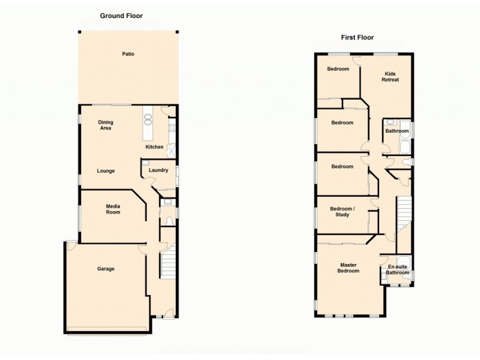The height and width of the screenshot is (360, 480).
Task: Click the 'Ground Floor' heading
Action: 121,16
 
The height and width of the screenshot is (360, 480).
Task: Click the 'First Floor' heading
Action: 357,37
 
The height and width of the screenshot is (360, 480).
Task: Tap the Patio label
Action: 128,54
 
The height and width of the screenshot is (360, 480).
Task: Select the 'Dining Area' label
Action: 106,125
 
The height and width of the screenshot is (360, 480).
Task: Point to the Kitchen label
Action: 154,147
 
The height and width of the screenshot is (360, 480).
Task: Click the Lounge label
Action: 106,171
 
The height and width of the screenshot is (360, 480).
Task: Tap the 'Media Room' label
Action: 113,209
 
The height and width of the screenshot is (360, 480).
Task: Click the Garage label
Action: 106,269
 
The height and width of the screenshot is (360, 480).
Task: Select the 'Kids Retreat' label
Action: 391,77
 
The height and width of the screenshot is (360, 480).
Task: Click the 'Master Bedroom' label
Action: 349,268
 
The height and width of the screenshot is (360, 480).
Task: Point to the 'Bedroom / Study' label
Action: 342,211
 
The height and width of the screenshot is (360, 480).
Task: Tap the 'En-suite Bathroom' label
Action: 397,269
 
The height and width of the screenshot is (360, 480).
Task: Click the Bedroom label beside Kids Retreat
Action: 338,69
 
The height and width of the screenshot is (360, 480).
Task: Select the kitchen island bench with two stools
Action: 148,122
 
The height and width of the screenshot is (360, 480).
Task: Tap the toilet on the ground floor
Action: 169,221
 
